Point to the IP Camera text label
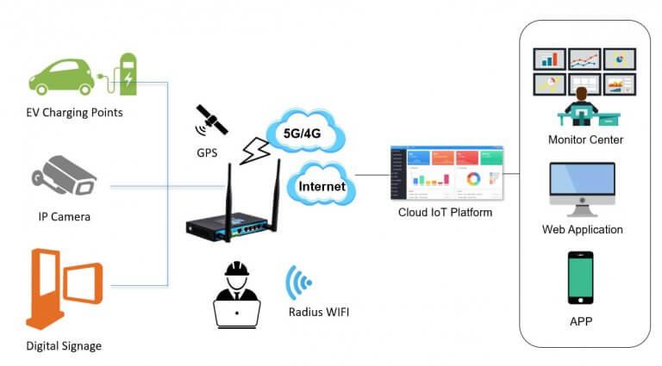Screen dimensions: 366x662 click(62, 217)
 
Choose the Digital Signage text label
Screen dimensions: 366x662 click(64, 345)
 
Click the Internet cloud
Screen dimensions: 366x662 click(322, 185)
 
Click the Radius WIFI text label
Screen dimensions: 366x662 click(318, 312)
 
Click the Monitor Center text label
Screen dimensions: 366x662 click(584, 140)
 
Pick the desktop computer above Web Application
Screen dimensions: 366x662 click(582, 187)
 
